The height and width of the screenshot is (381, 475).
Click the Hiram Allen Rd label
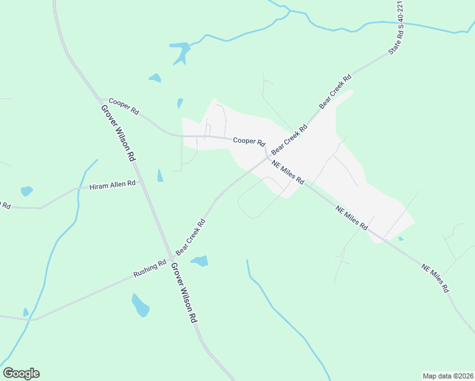[x=112, y=185]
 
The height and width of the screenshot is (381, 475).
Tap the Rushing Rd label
[x=149, y=269]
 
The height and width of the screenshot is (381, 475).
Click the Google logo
[x=21, y=373]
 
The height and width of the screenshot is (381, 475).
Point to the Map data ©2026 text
[x=448, y=375]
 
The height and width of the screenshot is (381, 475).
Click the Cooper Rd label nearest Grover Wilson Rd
[x=123, y=105]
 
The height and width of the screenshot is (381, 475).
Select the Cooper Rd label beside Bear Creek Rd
[x=248, y=141]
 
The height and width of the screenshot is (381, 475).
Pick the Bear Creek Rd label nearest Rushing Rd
[x=191, y=236]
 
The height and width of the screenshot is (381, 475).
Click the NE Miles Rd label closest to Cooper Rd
[x=288, y=173]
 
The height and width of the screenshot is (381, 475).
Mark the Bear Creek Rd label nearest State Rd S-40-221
[x=335, y=91]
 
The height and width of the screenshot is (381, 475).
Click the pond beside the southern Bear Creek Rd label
[x=200, y=261]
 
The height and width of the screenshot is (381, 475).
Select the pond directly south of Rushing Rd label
[x=140, y=306]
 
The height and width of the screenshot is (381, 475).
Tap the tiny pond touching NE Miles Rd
[x=400, y=239]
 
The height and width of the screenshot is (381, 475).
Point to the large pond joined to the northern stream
[x=181, y=51]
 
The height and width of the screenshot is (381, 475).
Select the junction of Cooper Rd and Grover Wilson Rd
[x=102, y=98]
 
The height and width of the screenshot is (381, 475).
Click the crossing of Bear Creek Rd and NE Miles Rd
[x=267, y=159]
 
